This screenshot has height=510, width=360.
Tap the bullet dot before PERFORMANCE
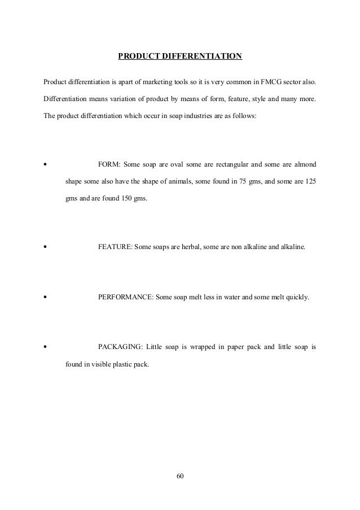click(45, 297)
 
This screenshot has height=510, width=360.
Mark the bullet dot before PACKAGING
click(45, 346)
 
